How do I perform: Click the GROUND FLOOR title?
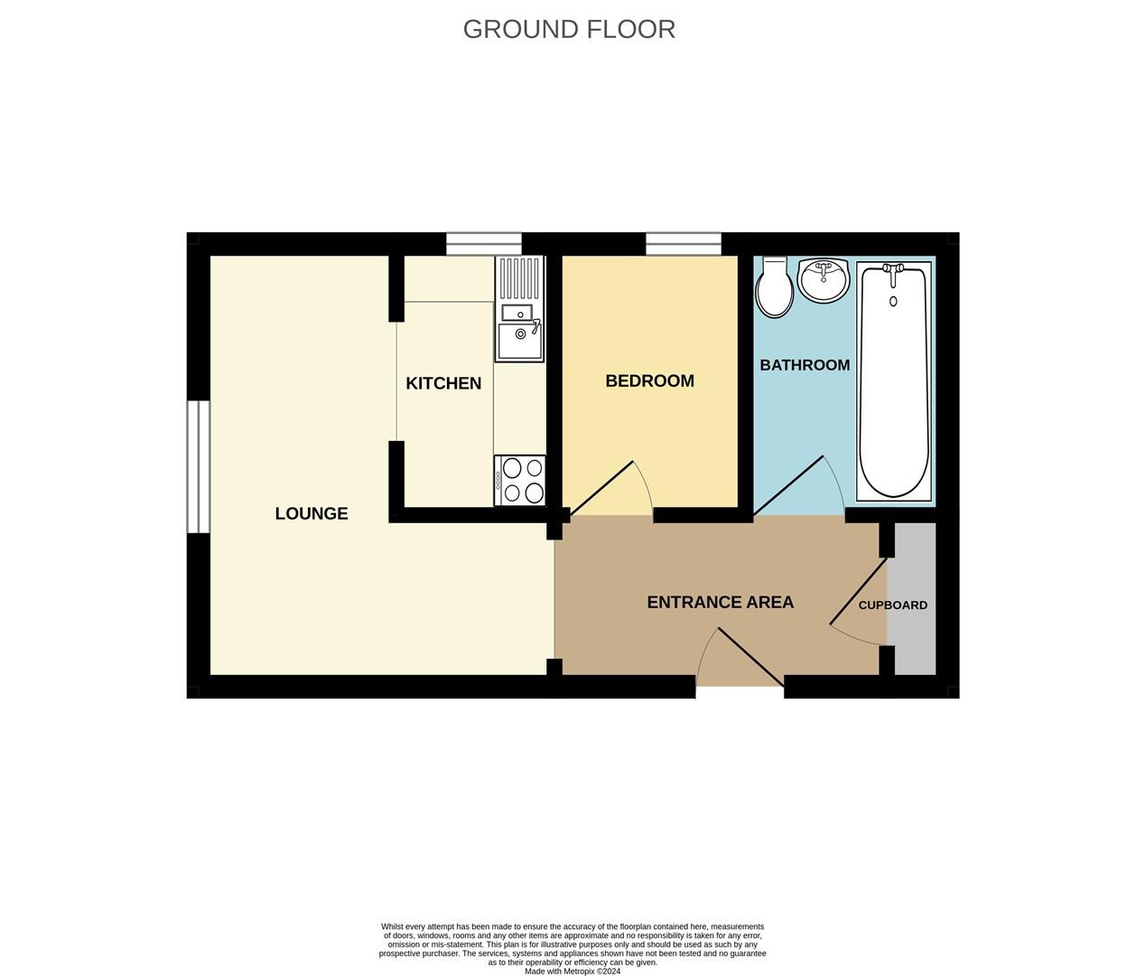569,30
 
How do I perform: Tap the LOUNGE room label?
312,513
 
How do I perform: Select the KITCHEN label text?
443,383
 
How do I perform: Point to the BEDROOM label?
650,381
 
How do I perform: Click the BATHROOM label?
805,365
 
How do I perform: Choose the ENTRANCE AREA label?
720,602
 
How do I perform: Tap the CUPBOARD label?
893,605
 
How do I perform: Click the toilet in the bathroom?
775,286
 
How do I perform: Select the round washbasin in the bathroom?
824,280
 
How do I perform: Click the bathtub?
893,381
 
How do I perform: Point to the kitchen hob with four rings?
519,481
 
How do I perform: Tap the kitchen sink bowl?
519,341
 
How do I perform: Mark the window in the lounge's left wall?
199,467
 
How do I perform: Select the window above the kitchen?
484,244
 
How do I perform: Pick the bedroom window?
684,244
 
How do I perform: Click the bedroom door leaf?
601,489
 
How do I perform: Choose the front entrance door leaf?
751,658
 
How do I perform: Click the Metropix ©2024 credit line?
572,971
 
